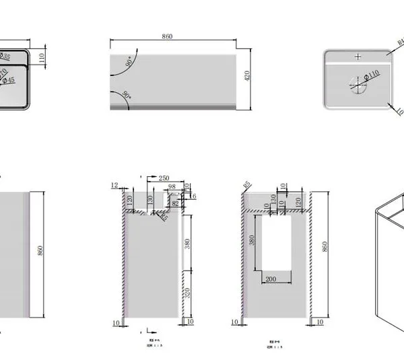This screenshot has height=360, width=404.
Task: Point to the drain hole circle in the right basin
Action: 358,83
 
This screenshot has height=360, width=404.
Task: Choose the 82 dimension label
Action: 176,202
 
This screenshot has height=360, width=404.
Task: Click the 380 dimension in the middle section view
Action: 187,243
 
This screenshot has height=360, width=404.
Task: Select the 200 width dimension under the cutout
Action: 271,278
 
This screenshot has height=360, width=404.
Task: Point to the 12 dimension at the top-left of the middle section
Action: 114,185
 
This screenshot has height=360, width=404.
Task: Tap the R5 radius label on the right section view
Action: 246,184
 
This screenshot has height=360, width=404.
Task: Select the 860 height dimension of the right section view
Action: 327,247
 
